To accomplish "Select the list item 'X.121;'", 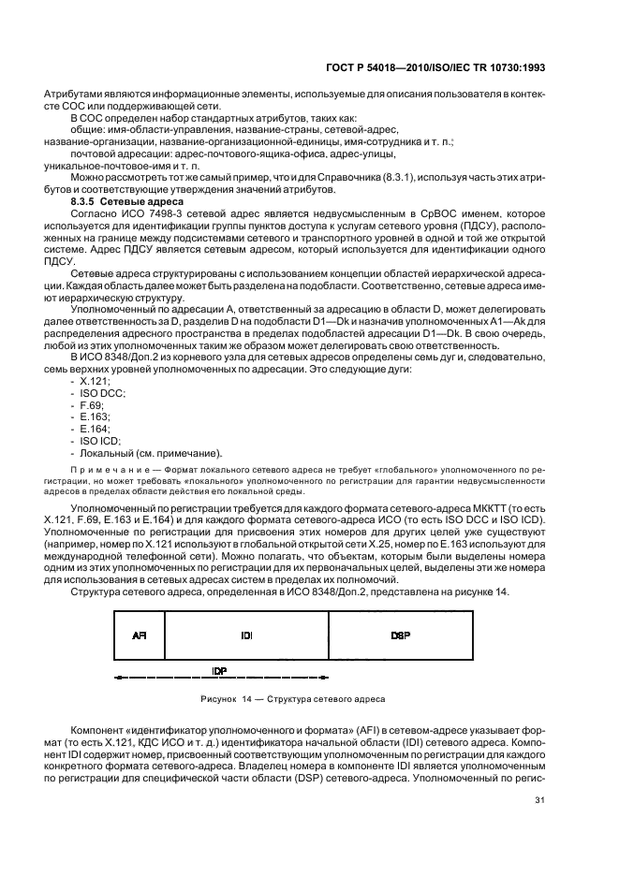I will [95, 383].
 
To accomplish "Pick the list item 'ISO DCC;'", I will [101, 395].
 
